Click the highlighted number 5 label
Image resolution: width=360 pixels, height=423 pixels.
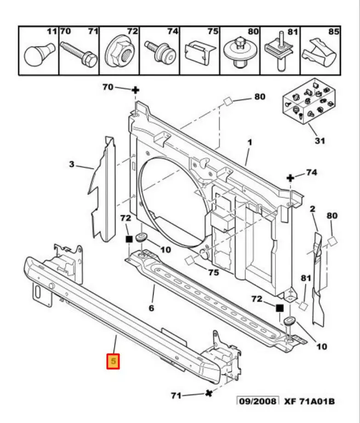tap(113, 361)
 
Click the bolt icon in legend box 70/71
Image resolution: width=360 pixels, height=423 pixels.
tap(80, 54)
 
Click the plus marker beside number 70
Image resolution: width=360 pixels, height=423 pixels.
tap(135, 90)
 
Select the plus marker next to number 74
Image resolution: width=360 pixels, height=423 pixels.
tap(291, 178)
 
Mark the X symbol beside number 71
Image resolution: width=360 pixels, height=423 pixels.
tap(209, 393)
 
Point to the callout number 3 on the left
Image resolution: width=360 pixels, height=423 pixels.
tap(72, 164)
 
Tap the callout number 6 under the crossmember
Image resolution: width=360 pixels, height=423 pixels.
tap(151, 308)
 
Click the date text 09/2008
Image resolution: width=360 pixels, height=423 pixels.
tap(257, 401)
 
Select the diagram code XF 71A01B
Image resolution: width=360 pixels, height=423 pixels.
tap(309, 401)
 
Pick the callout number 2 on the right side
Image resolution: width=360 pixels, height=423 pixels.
tap(312, 209)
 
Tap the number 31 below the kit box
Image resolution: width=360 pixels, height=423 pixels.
tap(319, 141)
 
